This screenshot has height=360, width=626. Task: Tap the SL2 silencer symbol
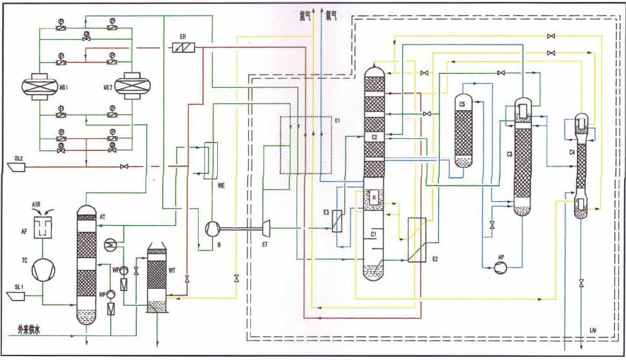pyautogui.click(x=15, y=167)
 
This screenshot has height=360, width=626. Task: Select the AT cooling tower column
pyautogui.click(x=86, y=265)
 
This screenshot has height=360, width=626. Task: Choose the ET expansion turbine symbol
pyautogui.click(x=264, y=226)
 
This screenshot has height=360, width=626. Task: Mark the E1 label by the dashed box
pyautogui.click(x=337, y=120)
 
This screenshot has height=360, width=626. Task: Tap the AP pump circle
pyautogui.click(x=502, y=268)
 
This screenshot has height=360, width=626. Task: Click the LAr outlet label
pyautogui.click(x=592, y=331)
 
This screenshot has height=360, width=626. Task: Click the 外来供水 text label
pyautogui.click(x=29, y=330)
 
